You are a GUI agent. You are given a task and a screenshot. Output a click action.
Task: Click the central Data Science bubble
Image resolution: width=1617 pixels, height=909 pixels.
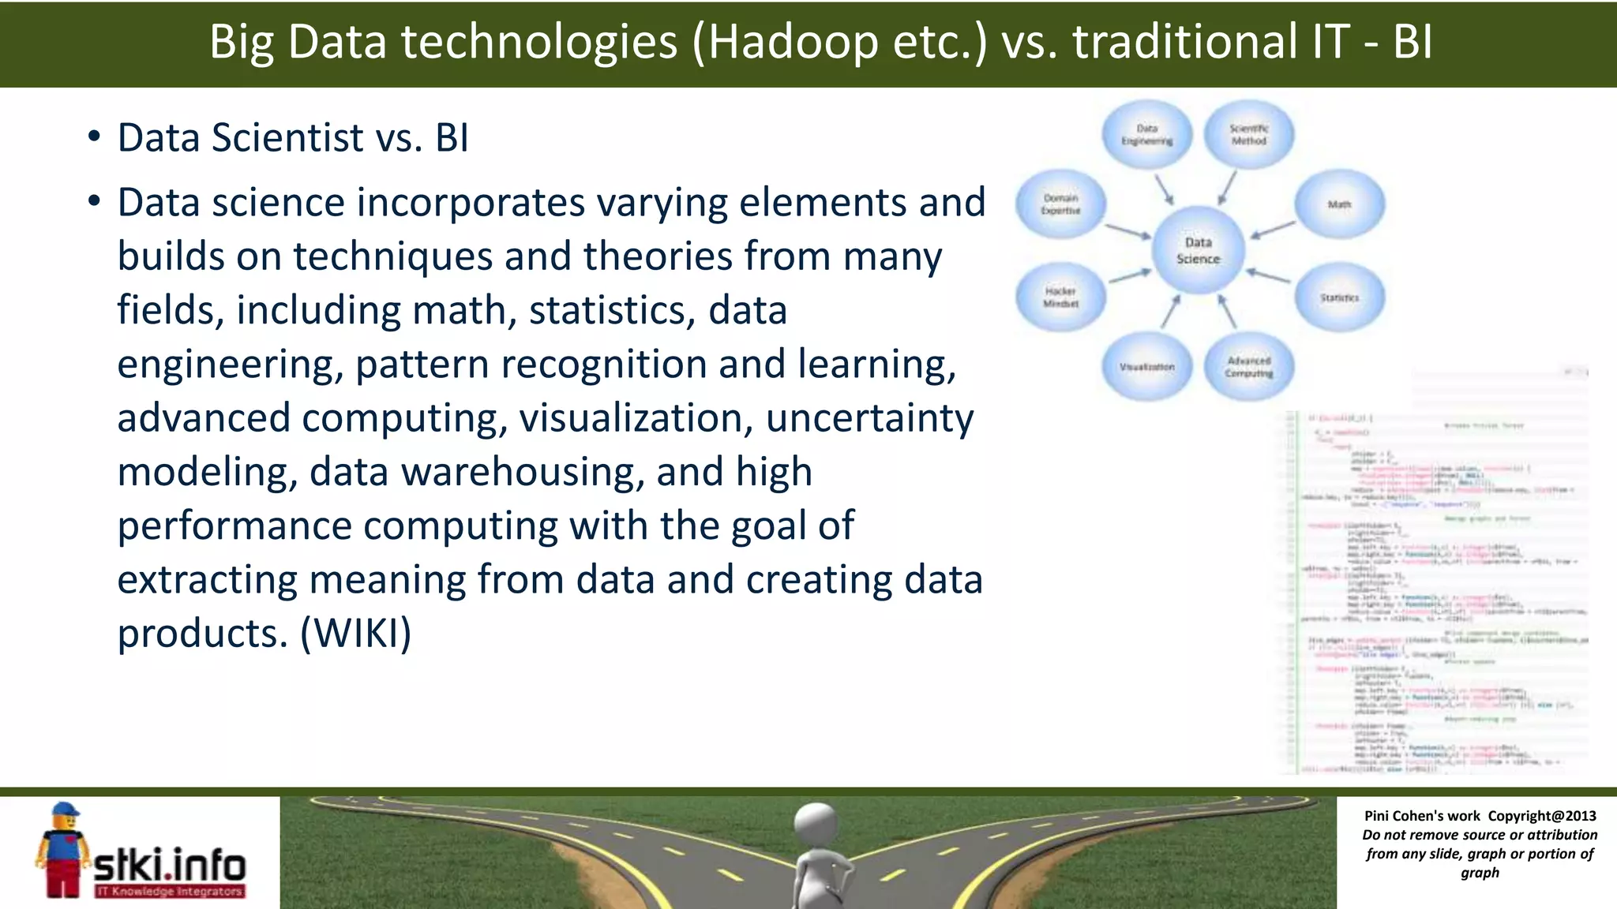(x=1198, y=250)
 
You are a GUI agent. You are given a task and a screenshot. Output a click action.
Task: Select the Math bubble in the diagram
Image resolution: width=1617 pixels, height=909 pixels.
(x=1339, y=204)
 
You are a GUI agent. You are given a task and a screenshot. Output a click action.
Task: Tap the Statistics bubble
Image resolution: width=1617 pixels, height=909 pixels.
(x=1339, y=297)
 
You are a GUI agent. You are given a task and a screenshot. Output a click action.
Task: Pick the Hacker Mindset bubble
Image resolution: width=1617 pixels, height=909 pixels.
(x=1060, y=297)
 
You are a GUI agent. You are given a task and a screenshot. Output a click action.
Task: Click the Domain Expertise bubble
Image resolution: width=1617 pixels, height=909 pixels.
(x=1060, y=204)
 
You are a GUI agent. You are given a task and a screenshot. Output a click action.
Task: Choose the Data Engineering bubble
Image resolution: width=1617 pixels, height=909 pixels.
(x=1146, y=134)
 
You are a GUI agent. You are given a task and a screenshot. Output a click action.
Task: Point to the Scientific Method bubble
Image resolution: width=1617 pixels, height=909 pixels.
(x=1248, y=134)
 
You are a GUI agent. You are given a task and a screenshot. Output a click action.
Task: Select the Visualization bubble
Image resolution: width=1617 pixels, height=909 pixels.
(x=1146, y=367)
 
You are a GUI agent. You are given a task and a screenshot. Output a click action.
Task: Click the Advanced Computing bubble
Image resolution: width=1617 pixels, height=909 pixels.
(x=1248, y=367)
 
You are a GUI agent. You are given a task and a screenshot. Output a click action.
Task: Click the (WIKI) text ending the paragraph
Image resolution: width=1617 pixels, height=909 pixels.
(x=356, y=634)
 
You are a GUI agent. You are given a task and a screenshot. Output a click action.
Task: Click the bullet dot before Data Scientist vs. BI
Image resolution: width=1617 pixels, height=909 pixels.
(x=94, y=137)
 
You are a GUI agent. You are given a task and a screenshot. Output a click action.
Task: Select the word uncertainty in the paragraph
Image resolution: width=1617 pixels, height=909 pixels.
(x=869, y=418)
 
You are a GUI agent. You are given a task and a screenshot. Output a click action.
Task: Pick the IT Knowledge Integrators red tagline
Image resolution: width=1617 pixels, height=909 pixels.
(x=170, y=892)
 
